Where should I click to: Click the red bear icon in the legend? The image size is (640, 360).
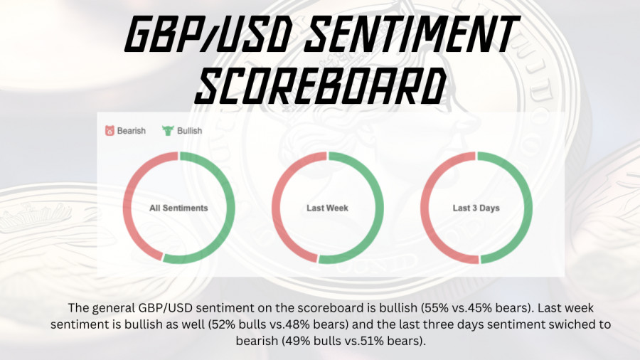pyautogui.click(x=110, y=131)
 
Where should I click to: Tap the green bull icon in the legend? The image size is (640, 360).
pyautogui.click(x=168, y=131)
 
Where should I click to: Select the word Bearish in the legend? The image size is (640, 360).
pyautogui.click(x=132, y=131)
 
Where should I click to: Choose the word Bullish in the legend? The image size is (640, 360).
pyautogui.click(x=189, y=131)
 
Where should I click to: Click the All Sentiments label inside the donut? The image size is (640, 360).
pyautogui.click(x=178, y=208)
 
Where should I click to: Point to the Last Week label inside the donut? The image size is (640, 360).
pyautogui.click(x=327, y=208)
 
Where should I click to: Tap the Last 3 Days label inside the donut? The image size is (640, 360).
pyautogui.click(x=476, y=208)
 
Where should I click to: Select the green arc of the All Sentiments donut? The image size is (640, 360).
pyautogui.click(x=232, y=208)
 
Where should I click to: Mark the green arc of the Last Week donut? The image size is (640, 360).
pyautogui.click(x=380, y=208)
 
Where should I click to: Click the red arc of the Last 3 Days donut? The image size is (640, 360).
pyautogui.click(x=423, y=208)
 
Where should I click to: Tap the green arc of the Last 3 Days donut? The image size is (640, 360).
pyautogui.click(x=529, y=208)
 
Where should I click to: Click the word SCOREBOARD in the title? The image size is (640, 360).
pyautogui.click(x=321, y=86)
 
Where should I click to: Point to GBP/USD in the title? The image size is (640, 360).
pyautogui.click(x=208, y=34)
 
